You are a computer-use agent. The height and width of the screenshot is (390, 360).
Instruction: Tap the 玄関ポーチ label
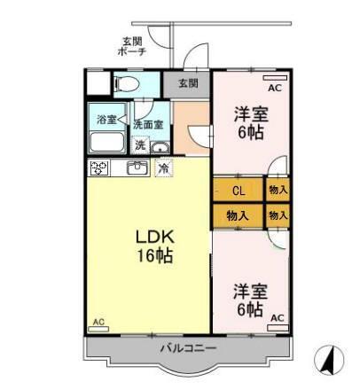pos(132,46)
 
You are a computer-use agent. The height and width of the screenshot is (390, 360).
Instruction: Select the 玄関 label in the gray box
pos(187,83)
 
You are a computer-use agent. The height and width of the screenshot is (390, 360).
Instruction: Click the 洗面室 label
pos(147,124)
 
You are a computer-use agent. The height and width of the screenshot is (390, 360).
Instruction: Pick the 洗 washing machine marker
pos(140,145)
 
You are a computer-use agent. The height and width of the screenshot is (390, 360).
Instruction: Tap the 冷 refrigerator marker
pos(163,168)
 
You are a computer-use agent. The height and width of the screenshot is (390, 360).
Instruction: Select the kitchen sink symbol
pos(137,168)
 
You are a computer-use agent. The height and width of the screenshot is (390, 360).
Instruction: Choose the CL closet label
pos(238,190)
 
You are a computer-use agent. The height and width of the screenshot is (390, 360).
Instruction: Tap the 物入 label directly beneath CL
pos(238,214)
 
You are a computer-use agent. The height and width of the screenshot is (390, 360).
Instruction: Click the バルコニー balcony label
pos(188,347)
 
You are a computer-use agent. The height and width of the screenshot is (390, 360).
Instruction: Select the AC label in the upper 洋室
pos(273,88)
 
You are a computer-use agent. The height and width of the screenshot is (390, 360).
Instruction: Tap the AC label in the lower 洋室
pos(276,317)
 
